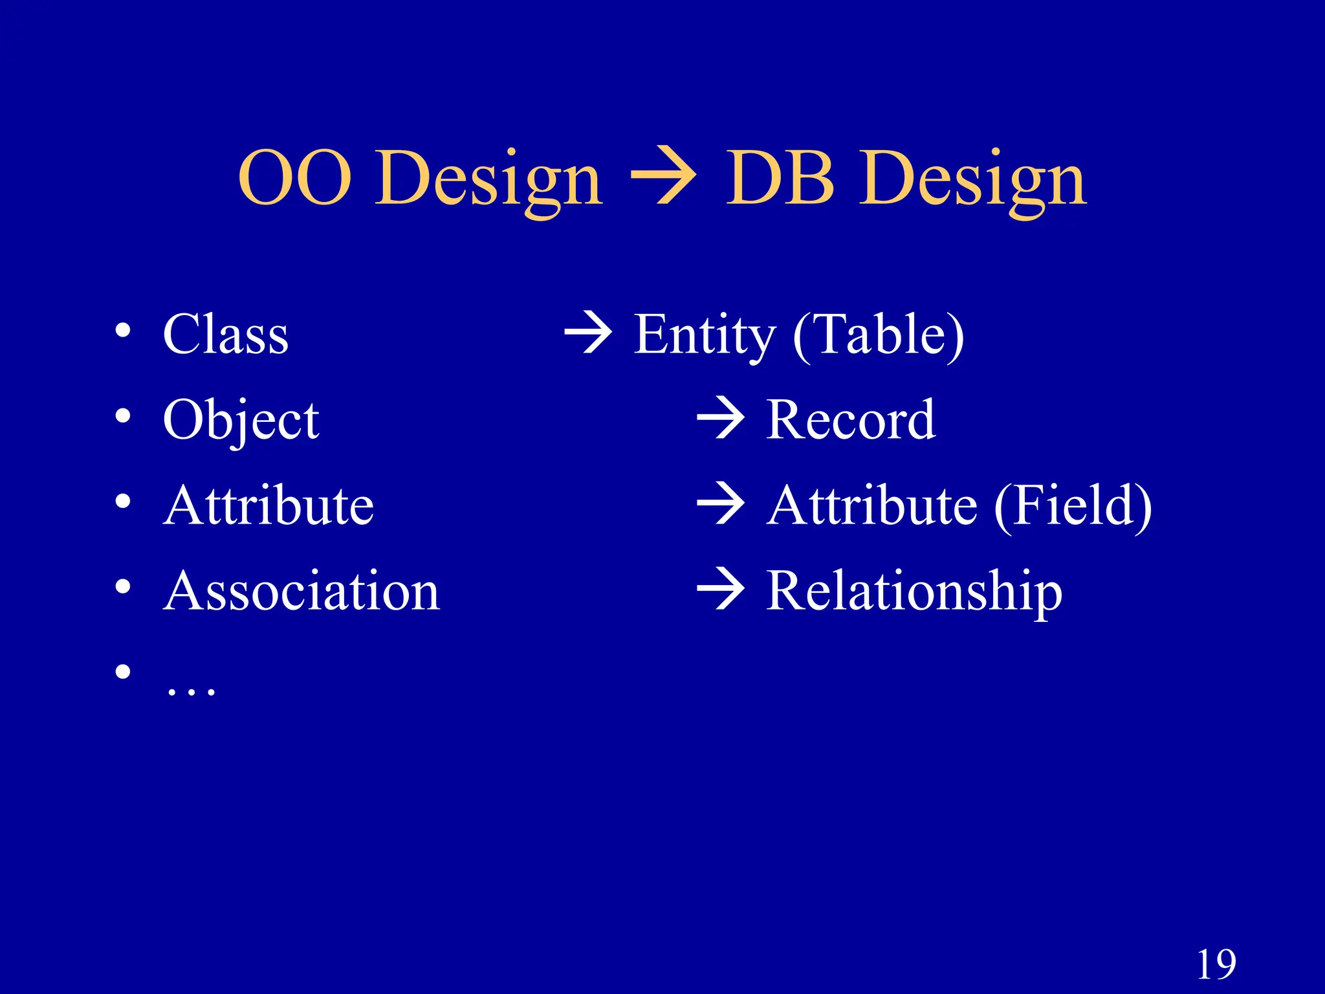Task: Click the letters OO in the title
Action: click(x=295, y=177)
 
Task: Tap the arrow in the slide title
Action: click(x=662, y=176)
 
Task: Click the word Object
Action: click(x=241, y=421)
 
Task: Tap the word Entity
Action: click(x=704, y=335)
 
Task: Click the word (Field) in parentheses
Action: click(x=1073, y=505)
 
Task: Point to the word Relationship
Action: click(x=914, y=591)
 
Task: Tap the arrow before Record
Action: click(x=721, y=419)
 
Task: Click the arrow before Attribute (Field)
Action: click(x=721, y=504)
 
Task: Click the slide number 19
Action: click(x=1216, y=965)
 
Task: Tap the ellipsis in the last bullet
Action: click(x=190, y=691)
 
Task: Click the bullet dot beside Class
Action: click(x=123, y=331)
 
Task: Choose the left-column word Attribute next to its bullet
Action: click(x=268, y=505)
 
